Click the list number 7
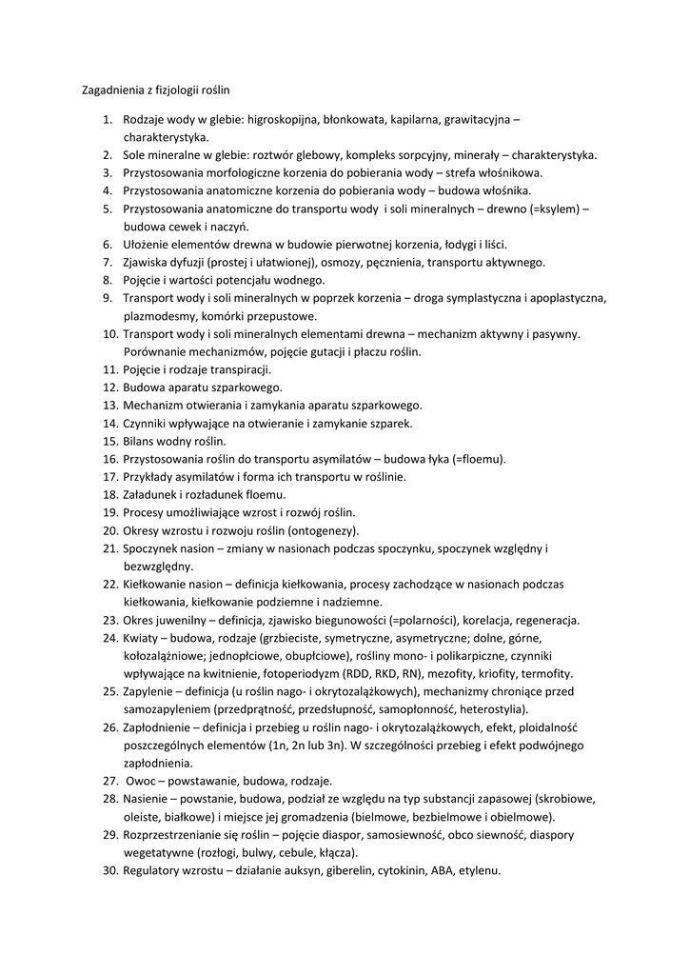coord(108,262)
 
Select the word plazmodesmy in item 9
coord(158,316)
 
